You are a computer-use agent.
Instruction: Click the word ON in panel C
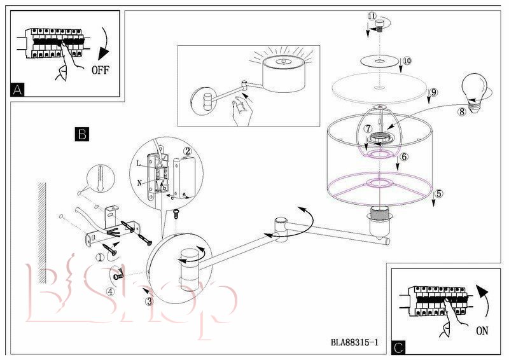(x=482, y=330)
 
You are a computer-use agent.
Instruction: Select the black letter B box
(x=81, y=134)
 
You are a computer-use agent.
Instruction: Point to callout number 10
(x=407, y=61)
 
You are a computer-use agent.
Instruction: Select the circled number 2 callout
(x=188, y=151)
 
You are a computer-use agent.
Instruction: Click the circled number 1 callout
(x=100, y=258)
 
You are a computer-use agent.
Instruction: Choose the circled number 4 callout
(x=111, y=293)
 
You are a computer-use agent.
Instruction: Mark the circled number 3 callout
(x=149, y=301)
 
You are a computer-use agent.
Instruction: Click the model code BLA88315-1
(x=354, y=342)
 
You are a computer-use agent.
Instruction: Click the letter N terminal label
(x=139, y=182)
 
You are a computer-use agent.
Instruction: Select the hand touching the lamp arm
(x=240, y=113)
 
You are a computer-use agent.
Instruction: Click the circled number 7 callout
(x=368, y=128)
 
